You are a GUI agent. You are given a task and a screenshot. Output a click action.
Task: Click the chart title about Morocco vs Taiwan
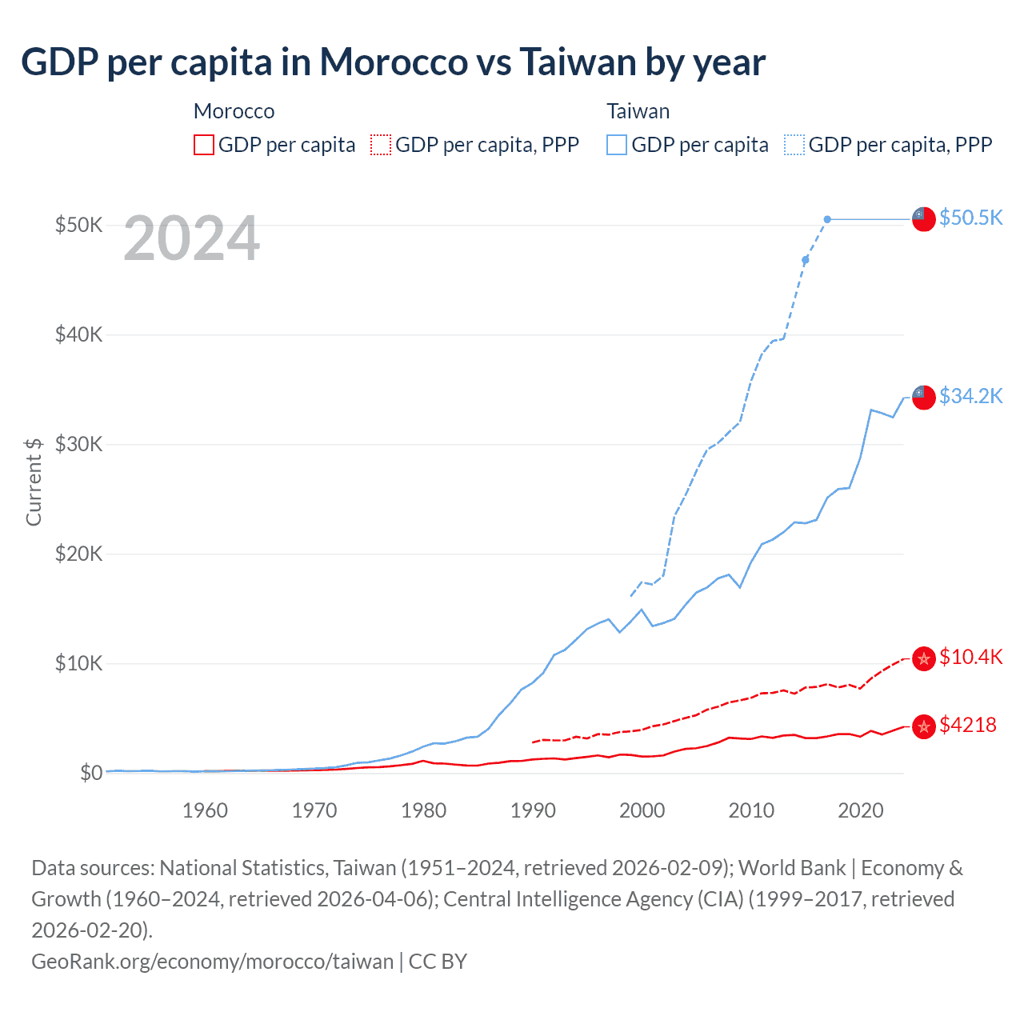393,62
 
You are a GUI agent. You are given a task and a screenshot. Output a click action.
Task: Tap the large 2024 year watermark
191,238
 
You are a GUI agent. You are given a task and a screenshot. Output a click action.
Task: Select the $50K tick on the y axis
78,225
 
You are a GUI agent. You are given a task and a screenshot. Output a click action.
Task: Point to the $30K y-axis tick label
78,444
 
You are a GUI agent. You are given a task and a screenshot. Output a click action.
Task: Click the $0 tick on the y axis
90,773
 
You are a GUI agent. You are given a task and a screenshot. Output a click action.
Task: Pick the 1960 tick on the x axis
205,810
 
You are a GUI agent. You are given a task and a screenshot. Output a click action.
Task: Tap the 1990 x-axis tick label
533,810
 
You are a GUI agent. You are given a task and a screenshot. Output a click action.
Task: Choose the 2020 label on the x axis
860,810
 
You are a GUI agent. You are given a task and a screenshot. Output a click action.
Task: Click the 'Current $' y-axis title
34,482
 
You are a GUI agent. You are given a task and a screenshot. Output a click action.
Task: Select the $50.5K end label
970,218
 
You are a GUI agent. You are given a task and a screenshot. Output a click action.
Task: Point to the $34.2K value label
970,396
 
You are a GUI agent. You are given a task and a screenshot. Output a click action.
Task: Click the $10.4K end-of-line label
970,657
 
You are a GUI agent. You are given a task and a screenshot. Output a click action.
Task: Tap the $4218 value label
967,725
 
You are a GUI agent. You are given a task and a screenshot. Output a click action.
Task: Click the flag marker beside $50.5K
924,218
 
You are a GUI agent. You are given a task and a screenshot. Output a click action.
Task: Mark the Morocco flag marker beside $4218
924,726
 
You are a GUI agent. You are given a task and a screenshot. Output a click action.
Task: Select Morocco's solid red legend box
204,145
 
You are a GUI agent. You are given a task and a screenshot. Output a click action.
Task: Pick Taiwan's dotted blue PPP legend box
794,145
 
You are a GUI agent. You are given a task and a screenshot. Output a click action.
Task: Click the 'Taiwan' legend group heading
638,111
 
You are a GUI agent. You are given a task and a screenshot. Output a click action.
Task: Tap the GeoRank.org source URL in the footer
212,961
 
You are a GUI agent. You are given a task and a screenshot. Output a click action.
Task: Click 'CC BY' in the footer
438,961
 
